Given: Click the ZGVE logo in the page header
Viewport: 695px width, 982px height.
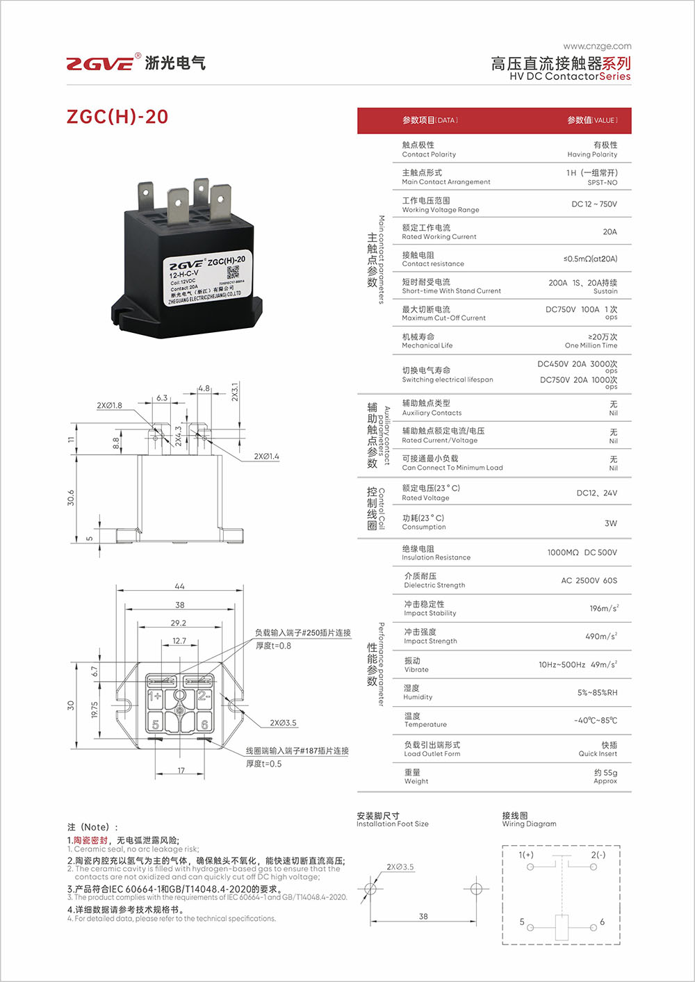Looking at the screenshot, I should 100,63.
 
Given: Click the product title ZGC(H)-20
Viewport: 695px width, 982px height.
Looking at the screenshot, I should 117,117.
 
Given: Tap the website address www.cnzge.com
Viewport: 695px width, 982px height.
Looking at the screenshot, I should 597,46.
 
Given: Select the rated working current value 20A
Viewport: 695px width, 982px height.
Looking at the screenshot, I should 610,231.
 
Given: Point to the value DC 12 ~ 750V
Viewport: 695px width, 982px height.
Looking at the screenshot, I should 594,204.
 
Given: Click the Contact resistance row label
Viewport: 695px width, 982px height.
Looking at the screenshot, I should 432,259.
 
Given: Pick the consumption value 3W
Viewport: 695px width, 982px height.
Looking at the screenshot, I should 610,523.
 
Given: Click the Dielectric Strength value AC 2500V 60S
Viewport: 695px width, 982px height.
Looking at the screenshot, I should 589,580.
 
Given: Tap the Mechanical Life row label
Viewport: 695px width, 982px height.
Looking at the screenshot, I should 427,341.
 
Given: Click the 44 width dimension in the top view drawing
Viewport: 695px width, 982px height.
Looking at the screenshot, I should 179,586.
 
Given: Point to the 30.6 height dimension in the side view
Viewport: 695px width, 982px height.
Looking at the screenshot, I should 71,498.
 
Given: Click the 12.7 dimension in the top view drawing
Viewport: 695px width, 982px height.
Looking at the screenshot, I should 179,641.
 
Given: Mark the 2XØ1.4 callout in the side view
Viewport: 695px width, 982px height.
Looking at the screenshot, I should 266,456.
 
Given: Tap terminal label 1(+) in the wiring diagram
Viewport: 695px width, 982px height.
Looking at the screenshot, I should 526,855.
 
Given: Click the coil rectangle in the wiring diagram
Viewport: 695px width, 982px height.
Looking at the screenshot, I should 562,926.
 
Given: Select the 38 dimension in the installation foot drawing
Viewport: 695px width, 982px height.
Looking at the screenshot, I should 423,916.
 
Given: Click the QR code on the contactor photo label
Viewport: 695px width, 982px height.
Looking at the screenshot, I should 233,272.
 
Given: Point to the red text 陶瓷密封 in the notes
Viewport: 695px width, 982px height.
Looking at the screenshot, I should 91,840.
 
